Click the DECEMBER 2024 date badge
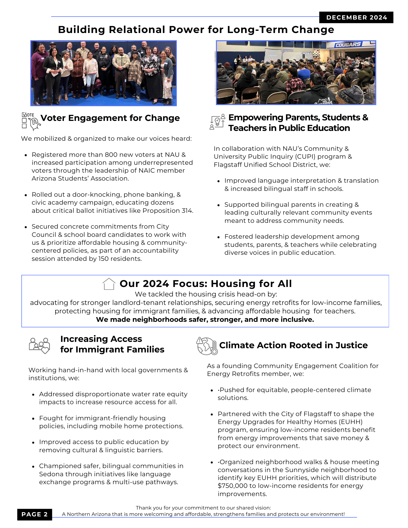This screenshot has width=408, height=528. tap(356, 17)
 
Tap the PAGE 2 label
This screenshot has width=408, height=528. tap(35, 514)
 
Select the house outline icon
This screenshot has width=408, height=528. tap(109, 284)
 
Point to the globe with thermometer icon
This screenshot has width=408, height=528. tap(207, 346)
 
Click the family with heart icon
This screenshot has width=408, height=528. tap(39, 345)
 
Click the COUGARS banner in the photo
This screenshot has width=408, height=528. tap(348, 45)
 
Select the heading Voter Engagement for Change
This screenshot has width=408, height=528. tap(110, 118)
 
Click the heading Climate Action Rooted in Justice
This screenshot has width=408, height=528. tap(293, 345)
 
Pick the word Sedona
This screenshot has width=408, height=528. tap(51, 474)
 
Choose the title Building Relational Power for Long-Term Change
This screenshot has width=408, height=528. tap(196, 30)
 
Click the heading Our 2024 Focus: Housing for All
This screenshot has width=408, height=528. tap(205, 284)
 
